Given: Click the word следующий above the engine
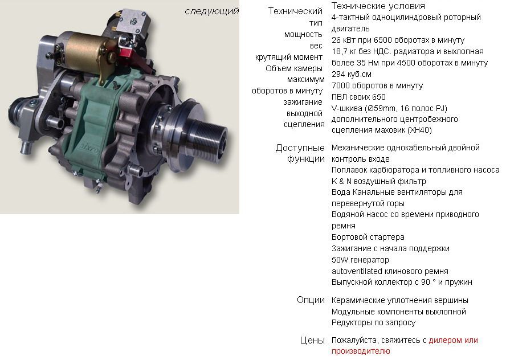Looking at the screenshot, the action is [212, 11].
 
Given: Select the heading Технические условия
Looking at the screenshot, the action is [378, 6].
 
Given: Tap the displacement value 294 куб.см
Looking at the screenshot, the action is [352, 74].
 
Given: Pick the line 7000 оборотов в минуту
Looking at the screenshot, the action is [377, 85].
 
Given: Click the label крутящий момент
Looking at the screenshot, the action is [288, 57].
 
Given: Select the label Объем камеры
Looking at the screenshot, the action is [294, 68].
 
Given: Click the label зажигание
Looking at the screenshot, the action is [303, 102].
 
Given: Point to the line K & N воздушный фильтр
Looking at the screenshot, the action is [379, 181].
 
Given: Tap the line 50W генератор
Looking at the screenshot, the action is [360, 260].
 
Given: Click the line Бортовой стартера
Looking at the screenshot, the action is [368, 237].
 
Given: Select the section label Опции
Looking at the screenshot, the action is [311, 300].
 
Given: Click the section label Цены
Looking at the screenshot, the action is [312, 340].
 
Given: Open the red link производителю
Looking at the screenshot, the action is [361, 351].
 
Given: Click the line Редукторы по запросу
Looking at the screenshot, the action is [373, 322].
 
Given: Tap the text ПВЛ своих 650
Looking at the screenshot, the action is [358, 97].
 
